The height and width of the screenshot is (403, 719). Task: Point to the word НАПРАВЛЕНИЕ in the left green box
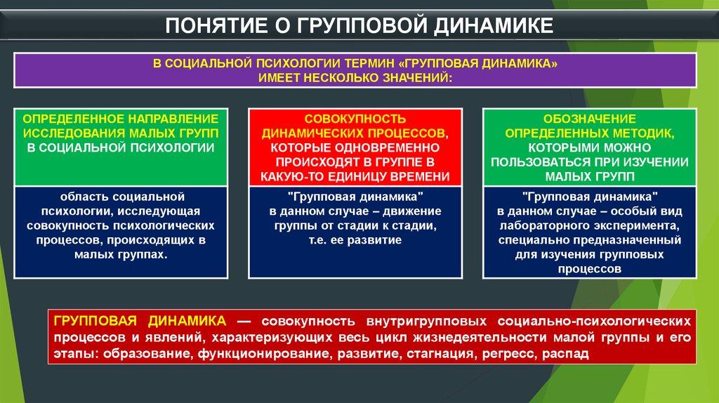173,119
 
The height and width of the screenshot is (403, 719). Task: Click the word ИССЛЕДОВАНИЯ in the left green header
74,133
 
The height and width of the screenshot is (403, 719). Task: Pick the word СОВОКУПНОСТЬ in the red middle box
355,119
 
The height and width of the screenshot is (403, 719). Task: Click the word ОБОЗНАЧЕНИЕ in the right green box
589,119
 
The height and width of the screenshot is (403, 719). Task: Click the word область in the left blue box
84,197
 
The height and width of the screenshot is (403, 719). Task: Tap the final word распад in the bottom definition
565,354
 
